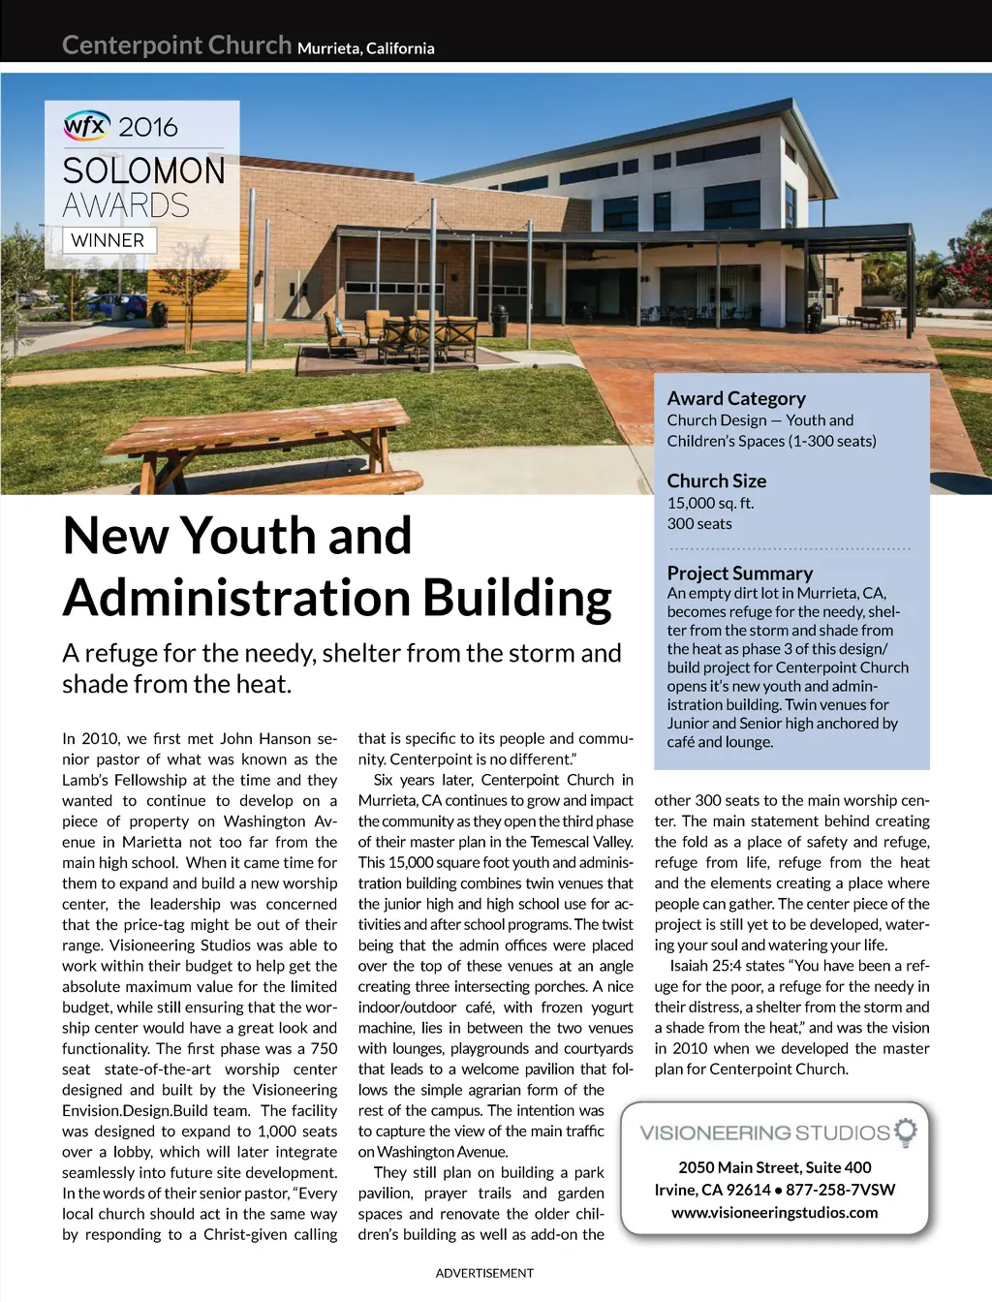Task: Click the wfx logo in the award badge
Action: [87, 125]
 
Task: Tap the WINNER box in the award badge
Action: [108, 240]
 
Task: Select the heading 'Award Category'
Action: [736, 398]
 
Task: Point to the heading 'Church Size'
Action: [716, 480]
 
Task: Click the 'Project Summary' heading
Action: [739, 573]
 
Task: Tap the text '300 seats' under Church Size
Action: [699, 524]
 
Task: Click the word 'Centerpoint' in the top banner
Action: [132, 46]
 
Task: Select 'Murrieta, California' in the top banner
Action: [365, 48]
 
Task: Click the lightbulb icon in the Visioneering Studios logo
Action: [906, 1131]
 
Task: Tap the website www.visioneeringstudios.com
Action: [774, 1212]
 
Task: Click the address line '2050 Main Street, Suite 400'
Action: [774, 1167]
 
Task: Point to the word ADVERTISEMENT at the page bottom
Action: [484, 1273]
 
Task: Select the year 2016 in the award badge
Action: [148, 127]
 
